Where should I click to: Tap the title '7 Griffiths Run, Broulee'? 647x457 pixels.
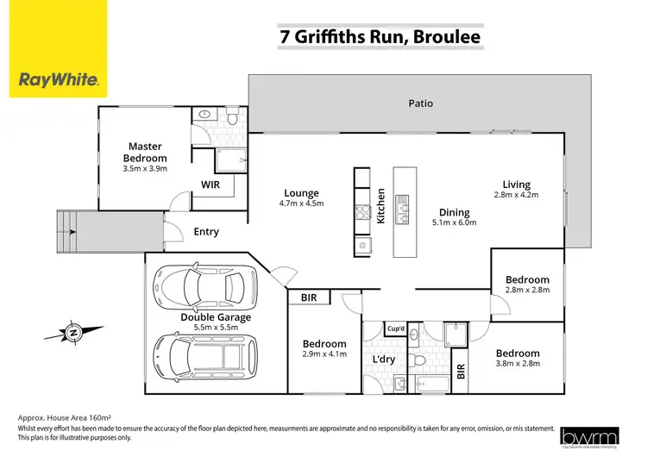click(x=380, y=36)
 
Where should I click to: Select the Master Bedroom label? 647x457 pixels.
click(x=145, y=153)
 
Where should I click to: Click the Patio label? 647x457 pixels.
click(x=421, y=103)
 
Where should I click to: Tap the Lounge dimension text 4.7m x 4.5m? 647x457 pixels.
click(x=302, y=205)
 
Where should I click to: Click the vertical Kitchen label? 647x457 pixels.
click(x=380, y=206)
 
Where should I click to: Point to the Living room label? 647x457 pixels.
click(x=517, y=185)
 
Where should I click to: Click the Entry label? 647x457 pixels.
click(x=206, y=232)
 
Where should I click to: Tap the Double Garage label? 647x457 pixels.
click(x=216, y=317)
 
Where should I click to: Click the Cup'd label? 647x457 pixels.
click(x=396, y=329)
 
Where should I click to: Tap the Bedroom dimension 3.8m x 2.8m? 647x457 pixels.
click(x=517, y=365)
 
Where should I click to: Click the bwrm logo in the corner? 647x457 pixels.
click(x=590, y=437)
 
